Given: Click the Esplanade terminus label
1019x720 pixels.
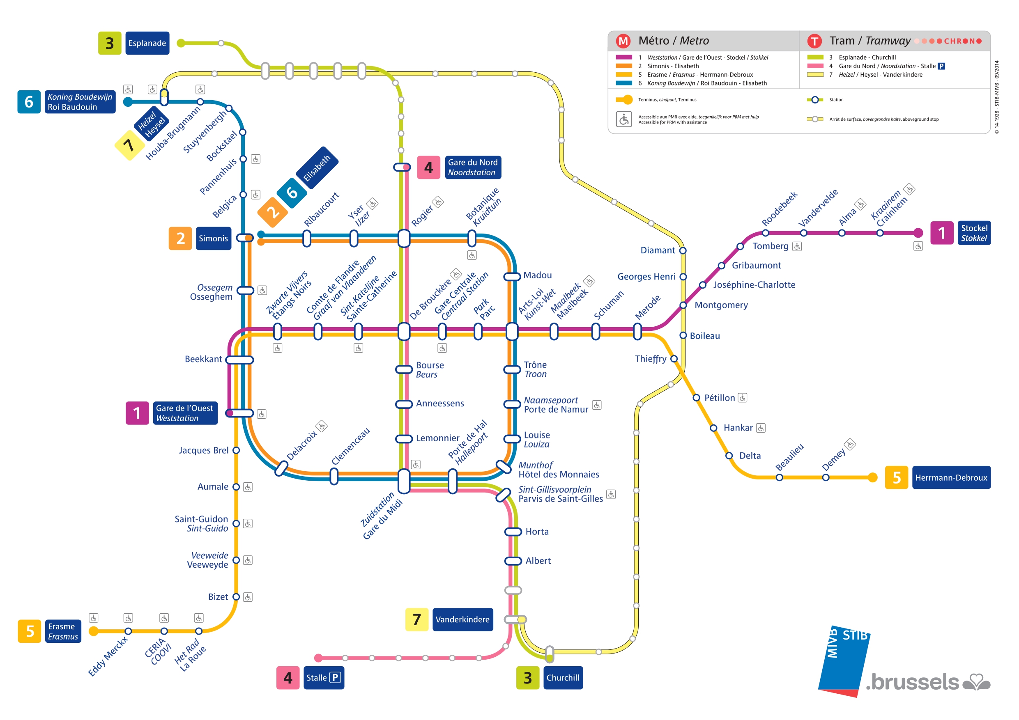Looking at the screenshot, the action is pyautogui.click(x=147, y=43).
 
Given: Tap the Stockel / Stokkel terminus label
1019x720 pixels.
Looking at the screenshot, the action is pyautogui.click(x=974, y=233).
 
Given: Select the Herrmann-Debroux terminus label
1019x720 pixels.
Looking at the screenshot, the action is pyautogui.click(x=951, y=477).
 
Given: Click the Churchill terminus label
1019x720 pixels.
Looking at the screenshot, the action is pyautogui.click(x=563, y=677).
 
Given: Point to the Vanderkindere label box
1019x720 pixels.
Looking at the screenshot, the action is pyautogui.click(x=462, y=619).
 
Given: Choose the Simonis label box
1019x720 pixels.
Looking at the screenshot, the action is pyautogui.click(x=214, y=238).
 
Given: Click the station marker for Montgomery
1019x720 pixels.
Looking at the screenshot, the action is pyautogui.click(x=683, y=305).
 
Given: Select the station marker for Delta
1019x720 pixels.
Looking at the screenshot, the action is pyautogui.click(x=729, y=456).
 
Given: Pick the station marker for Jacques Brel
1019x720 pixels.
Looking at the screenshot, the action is pyautogui.click(x=236, y=450).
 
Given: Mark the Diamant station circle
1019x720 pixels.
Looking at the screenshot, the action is pyautogui.click(x=683, y=251).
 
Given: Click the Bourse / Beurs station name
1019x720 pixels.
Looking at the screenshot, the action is pyautogui.click(x=430, y=369).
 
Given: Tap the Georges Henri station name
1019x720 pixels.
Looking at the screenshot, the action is pyautogui.click(x=646, y=276).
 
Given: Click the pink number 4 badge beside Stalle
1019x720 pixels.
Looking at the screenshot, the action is pyautogui.click(x=288, y=677).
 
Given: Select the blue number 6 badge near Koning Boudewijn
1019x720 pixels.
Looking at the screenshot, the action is pyautogui.click(x=29, y=101).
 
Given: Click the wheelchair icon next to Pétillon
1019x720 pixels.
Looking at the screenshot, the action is pyautogui.click(x=743, y=398).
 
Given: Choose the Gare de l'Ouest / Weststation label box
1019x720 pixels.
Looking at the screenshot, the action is pyautogui.click(x=185, y=413).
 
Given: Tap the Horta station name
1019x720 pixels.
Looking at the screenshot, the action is pyautogui.click(x=537, y=532).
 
